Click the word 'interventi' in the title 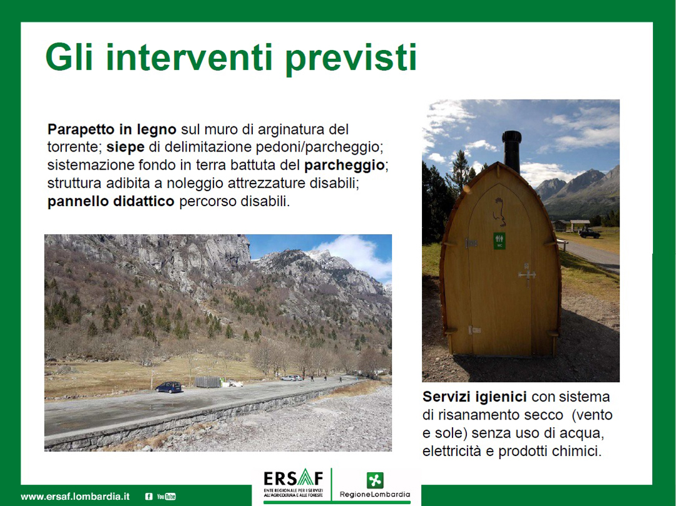pos(189,57)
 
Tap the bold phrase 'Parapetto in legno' pos(111,130)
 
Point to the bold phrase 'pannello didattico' pos(111,202)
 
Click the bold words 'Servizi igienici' pos(474,397)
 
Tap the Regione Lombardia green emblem pos(375,480)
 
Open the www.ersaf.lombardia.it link pos(75,497)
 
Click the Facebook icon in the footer pos(149,497)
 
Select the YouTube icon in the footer pos(166,497)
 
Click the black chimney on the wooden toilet pos(512,152)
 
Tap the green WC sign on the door pos(499,240)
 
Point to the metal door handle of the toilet pos(527,274)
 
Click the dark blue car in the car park pos(169,387)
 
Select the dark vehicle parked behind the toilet pos(590,234)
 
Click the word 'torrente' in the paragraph pos(72,148)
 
